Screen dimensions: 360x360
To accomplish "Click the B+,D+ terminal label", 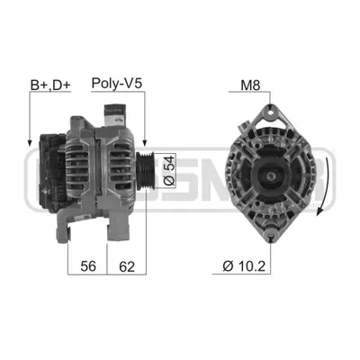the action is point(50,85).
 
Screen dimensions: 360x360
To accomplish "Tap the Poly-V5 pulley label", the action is point(116,83).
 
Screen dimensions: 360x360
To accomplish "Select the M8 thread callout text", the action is point(250,85).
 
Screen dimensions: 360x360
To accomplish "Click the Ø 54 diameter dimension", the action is point(169,170).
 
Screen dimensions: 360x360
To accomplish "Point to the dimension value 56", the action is point(88,266).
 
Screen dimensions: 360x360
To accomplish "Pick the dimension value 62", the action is point(127,266).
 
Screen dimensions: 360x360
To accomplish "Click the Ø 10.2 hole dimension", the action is point(244,265).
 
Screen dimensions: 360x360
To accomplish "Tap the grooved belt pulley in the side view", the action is point(145,171).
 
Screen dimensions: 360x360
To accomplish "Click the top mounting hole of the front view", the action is point(270,113).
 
